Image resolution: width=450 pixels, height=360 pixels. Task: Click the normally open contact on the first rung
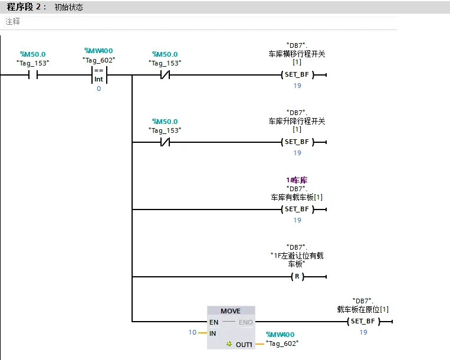click(x=33, y=75)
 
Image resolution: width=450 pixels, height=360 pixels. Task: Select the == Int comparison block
click(x=99, y=75)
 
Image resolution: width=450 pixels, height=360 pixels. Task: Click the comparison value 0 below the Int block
click(x=98, y=89)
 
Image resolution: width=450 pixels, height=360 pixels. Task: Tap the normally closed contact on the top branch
click(x=165, y=75)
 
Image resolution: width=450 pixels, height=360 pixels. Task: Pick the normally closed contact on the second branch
click(x=165, y=142)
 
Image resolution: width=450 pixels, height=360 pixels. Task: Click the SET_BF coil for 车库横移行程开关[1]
click(x=297, y=75)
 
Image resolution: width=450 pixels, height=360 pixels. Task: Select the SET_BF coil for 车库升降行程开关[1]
click(x=297, y=142)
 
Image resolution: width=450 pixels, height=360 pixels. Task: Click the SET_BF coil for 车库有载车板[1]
click(x=297, y=210)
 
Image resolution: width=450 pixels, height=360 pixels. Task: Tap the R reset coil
click(x=297, y=276)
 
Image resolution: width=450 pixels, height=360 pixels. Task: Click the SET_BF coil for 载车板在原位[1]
click(x=363, y=321)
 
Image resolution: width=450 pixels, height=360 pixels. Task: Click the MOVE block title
click(x=231, y=311)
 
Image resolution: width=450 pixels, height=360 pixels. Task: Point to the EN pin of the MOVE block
click(x=214, y=322)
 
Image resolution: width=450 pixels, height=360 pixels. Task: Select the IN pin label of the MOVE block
click(x=213, y=333)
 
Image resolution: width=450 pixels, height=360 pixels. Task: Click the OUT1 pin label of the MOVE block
click(x=244, y=345)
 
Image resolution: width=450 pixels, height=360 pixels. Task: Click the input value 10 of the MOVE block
click(x=192, y=332)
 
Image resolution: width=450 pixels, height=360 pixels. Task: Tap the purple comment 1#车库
click(x=297, y=180)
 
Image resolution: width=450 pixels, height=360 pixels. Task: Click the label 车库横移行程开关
click(x=297, y=54)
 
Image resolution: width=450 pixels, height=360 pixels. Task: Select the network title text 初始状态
click(x=69, y=7)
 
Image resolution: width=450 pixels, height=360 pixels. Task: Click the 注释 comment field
click(x=12, y=21)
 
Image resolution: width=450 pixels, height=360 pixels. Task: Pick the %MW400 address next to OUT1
click(x=280, y=335)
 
